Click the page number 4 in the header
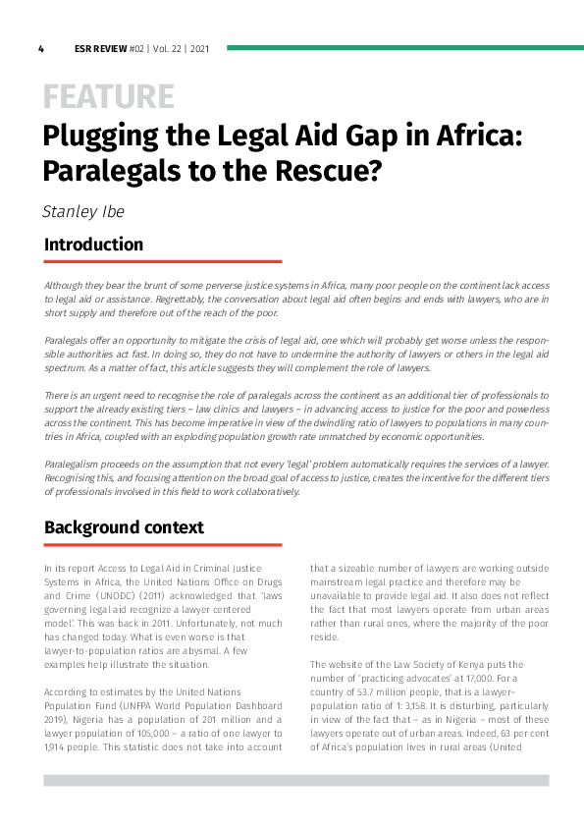tap(41, 48)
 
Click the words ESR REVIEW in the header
tap(100, 48)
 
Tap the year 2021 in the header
tap(199, 48)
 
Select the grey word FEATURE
tap(108, 96)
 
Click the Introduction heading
tap(93, 245)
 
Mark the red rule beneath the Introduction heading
tap(162, 261)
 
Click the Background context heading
tap(124, 527)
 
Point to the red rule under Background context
tap(162, 544)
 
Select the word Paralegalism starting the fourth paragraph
tap(78, 463)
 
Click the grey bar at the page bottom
tap(295, 780)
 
